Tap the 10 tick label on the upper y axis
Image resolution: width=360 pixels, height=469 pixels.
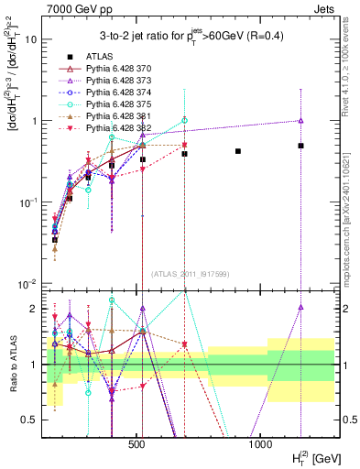tap(29, 39)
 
